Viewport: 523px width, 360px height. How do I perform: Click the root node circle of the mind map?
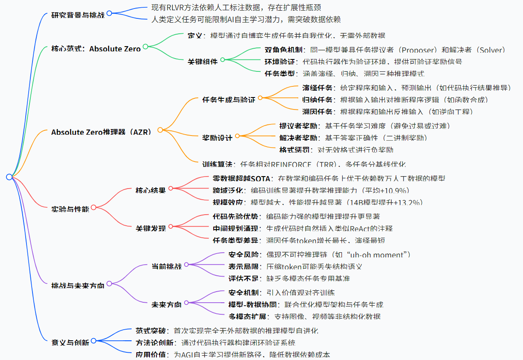9,177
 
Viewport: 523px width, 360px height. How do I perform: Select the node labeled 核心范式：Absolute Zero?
96,49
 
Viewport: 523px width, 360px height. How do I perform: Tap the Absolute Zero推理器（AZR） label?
101,132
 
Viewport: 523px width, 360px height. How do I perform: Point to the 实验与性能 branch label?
71,209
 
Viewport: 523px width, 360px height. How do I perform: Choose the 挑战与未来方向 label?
78,285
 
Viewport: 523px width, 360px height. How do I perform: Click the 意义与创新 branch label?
71,342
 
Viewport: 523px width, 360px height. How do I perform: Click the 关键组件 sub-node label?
203,61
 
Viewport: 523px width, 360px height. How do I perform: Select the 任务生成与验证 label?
229,100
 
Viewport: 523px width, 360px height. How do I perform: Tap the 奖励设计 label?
217,138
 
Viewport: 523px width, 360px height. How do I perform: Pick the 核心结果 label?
150,190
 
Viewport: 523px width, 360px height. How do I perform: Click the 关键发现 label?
150,228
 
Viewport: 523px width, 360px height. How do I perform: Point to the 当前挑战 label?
167,266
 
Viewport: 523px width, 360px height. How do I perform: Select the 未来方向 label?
167,304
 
